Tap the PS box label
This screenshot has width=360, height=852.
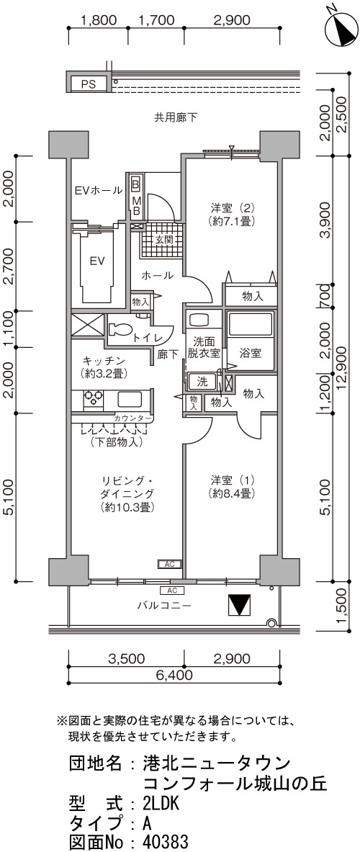point(89,84)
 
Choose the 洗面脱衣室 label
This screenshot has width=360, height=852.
point(204,347)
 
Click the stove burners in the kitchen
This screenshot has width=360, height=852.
point(93,400)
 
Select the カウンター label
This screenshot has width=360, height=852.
point(133,418)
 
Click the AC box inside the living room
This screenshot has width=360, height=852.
point(170,565)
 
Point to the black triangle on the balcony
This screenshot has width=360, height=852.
point(238,605)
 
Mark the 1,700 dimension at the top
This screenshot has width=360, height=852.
point(156,21)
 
